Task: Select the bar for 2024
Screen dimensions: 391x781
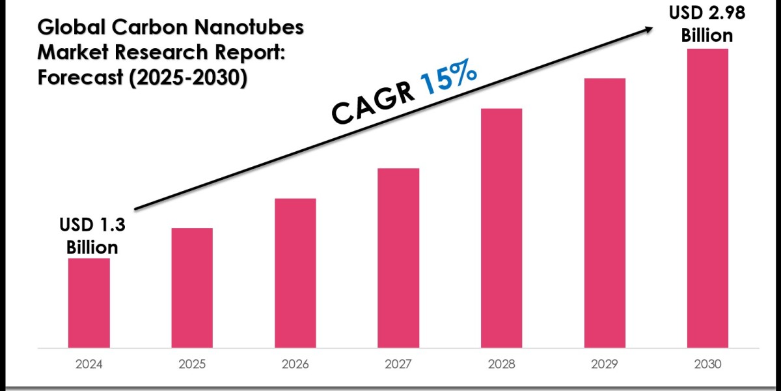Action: click(x=89, y=302)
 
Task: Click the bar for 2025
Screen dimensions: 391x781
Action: click(x=192, y=287)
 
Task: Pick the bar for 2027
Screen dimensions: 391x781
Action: click(x=398, y=257)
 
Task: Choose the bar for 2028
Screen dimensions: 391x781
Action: click(x=502, y=227)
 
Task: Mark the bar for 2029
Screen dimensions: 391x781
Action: click(x=605, y=212)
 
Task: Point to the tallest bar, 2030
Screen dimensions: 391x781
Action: click(x=707, y=197)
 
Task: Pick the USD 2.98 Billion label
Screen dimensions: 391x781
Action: click(x=707, y=24)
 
